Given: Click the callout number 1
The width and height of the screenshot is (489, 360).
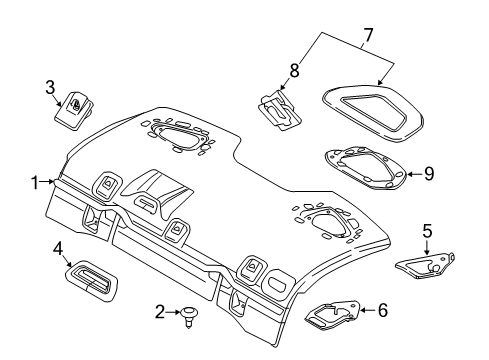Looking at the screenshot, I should pos(35,182).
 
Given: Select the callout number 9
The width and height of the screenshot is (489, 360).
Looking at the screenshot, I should pos(428,174).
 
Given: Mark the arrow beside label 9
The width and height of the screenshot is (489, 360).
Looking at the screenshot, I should pos(412,174).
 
